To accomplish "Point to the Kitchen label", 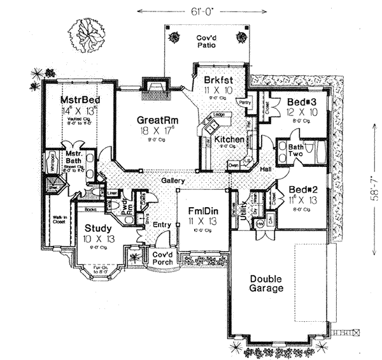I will pos(227,139).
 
